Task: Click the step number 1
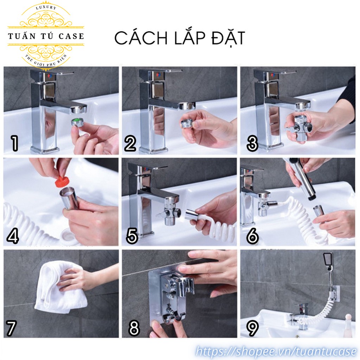(15, 143)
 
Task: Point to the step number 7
(11, 328)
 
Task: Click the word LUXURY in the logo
(46, 7)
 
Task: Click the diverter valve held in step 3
(300, 126)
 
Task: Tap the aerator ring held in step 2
(186, 124)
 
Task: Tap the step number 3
(252, 143)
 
